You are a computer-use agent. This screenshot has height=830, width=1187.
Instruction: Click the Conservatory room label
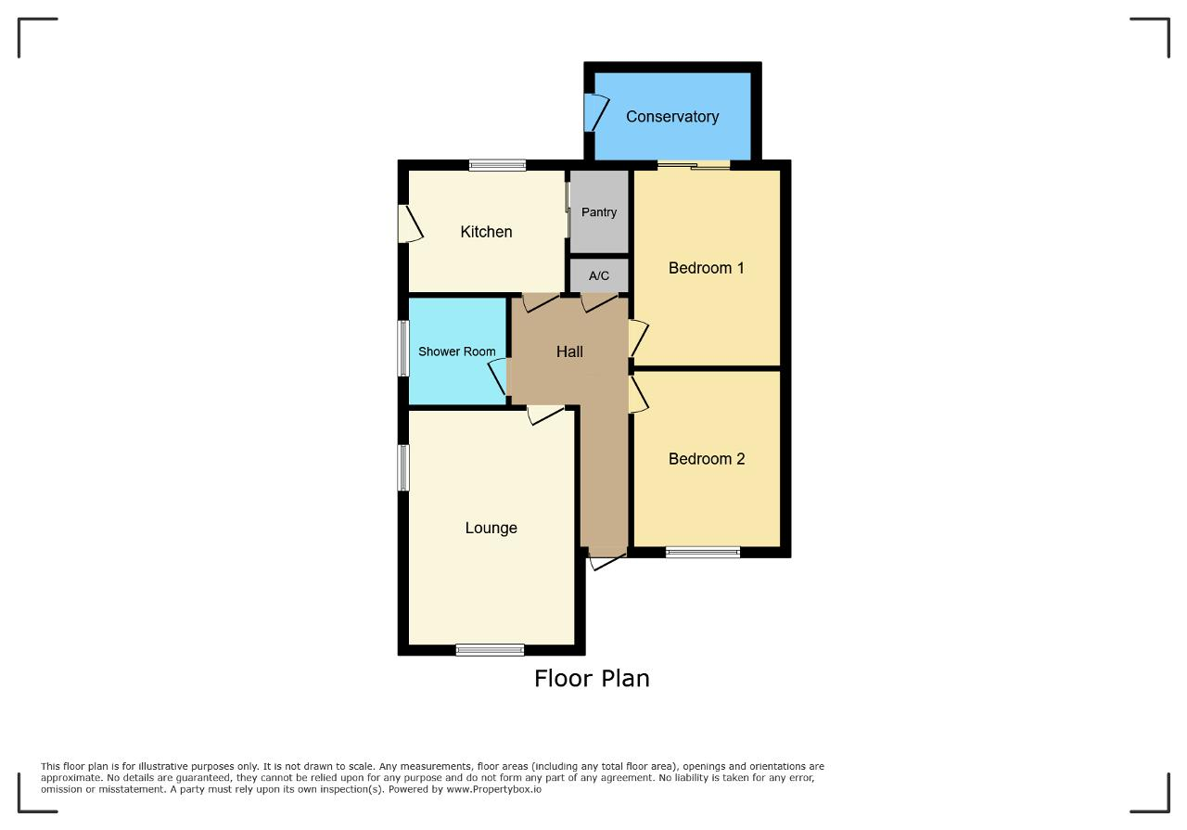tap(672, 117)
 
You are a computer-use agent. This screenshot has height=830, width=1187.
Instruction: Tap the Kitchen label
tap(486, 232)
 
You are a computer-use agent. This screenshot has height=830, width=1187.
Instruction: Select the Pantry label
tap(599, 212)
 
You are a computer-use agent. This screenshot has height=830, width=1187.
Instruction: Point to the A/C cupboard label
tap(599, 275)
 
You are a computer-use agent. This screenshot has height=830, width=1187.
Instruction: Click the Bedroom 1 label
tap(707, 268)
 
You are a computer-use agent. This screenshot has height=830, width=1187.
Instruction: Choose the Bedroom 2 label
tap(707, 458)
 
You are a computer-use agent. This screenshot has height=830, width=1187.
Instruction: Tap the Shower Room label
tap(457, 351)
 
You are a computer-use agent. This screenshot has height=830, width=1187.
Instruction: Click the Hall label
tap(569, 351)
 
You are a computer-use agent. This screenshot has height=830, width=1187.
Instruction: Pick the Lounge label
tap(491, 528)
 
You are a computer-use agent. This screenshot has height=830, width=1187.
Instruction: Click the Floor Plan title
tap(592, 679)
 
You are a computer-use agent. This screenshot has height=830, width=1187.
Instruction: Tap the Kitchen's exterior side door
tap(411, 223)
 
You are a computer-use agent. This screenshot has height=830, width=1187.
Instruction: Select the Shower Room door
tap(497, 377)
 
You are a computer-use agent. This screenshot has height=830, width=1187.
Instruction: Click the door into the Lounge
tap(546, 415)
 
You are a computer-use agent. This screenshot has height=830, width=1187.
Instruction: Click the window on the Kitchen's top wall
tap(498, 165)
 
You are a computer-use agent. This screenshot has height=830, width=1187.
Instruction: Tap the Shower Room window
tap(403, 348)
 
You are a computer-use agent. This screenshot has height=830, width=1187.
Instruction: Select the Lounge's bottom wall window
tap(491, 650)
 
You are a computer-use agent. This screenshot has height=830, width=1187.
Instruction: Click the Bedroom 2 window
tap(703, 553)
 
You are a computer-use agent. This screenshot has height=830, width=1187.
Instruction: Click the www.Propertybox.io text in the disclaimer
tap(494, 789)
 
